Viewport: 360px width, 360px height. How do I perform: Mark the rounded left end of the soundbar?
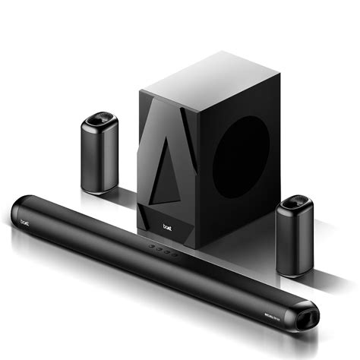(x=18, y=215)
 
